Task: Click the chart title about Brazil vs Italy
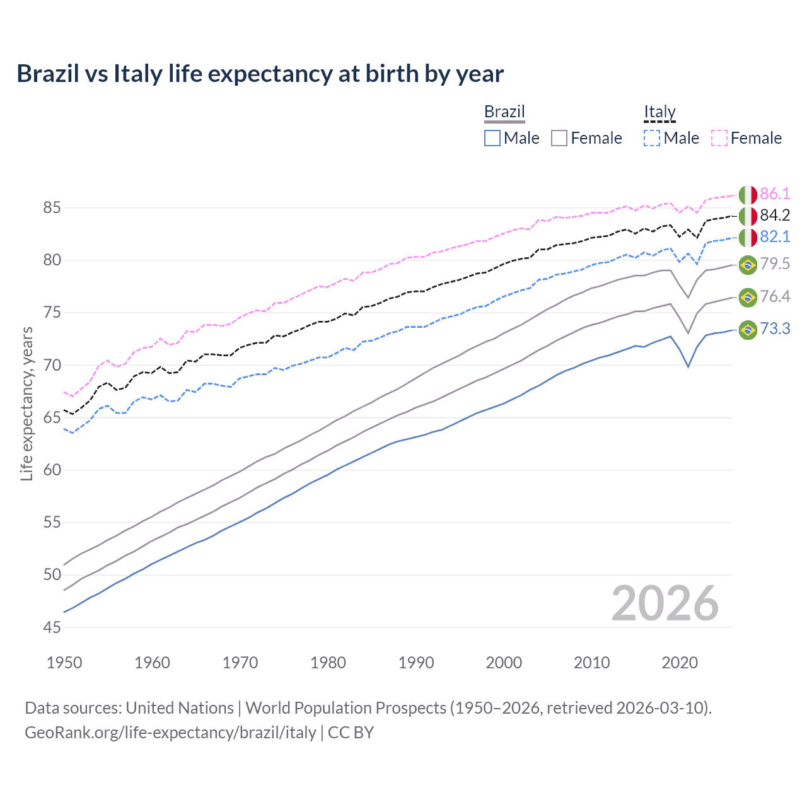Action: (x=260, y=74)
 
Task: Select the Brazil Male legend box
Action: (x=492, y=138)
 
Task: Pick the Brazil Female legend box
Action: (x=559, y=138)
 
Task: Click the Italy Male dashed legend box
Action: (x=652, y=138)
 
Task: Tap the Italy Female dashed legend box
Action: (x=719, y=138)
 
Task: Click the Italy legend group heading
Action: (x=659, y=112)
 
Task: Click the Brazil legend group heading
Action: (x=504, y=112)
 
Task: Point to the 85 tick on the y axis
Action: (x=52, y=207)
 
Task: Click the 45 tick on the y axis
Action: (x=52, y=627)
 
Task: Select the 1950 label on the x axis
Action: (x=64, y=663)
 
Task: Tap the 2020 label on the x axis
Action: (x=680, y=663)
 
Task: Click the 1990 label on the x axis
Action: (x=416, y=663)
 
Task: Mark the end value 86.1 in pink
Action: (x=775, y=194)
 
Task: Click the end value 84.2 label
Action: (x=775, y=215)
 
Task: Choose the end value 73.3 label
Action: (x=775, y=328)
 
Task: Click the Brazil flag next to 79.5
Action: (x=748, y=265)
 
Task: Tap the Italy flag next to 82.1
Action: (x=748, y=238)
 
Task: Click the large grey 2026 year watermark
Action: (x=665, y=603)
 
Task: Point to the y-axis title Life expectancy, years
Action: (x=26, y=403)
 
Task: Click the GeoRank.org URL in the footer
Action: (x=170, y=733)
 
